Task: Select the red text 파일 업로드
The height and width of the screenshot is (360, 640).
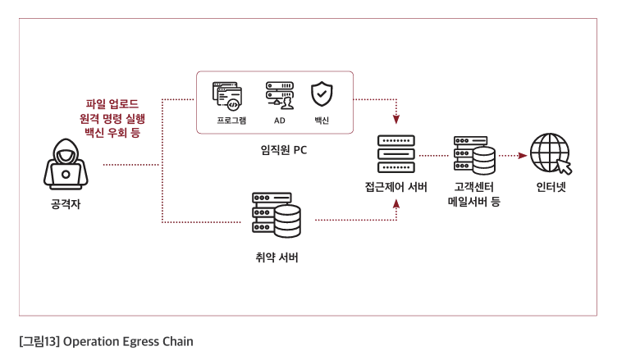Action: tap(112, 103)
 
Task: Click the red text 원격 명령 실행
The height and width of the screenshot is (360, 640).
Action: tap(112, 117)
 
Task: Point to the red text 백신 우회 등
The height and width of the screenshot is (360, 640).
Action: tap(112, 131)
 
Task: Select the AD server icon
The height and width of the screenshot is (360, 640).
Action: tap(279, 96)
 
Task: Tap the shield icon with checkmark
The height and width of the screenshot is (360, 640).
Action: tap(321, 94)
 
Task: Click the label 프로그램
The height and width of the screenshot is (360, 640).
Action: tap(231, 121)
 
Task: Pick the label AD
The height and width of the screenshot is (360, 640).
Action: tap(279, 121)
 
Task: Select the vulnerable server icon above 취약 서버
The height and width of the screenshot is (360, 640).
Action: tap(277, 216)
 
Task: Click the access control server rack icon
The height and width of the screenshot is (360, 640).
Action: tap(396, 153)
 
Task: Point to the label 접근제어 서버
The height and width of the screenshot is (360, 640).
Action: tap(396, 187)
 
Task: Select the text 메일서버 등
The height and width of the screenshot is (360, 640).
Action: tap(474, 201)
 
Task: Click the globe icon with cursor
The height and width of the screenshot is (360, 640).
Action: tap(549, 154)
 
